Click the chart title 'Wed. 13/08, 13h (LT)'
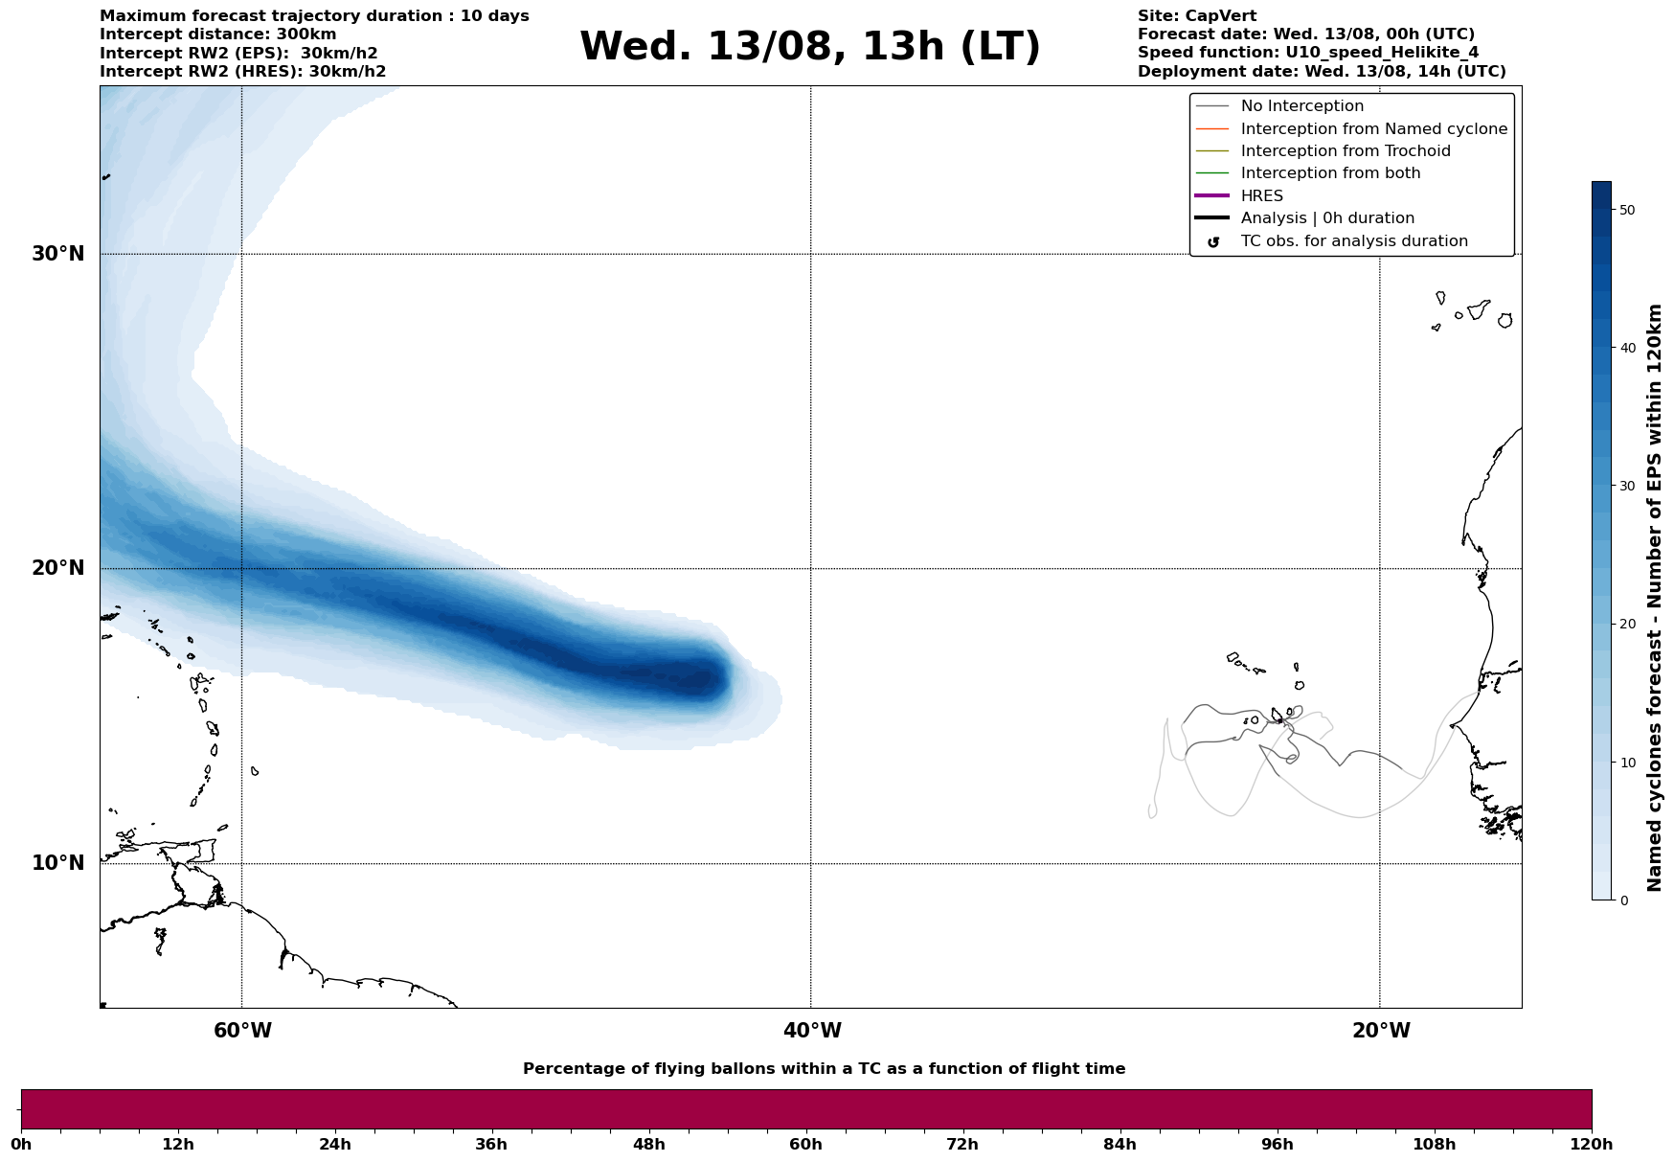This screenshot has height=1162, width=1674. (809, 47)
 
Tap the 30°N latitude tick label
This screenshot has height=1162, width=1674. (57, 254)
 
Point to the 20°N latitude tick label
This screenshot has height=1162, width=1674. (57, 568)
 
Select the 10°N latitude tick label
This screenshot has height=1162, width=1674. (57, 863)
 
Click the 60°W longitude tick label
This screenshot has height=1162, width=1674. (242, 1031)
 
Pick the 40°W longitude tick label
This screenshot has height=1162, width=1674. (812, 1031)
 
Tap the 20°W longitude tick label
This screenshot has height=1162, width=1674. (1381, 1031)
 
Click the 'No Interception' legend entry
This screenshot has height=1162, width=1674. (1301, 106)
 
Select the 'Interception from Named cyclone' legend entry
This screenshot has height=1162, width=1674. (1373, 129)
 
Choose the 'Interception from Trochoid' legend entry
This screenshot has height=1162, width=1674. (1345, 151)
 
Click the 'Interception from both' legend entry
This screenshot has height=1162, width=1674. (1330, 173)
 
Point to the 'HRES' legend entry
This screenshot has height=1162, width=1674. (1261, 196)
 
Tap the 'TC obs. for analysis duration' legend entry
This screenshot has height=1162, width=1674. (1353, 241)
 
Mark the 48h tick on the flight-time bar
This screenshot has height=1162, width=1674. (648, 1145)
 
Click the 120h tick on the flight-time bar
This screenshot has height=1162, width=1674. (1592, 1145)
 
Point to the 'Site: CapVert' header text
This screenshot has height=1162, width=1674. (1196, 16)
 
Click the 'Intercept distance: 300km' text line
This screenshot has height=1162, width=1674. (217, 34)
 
